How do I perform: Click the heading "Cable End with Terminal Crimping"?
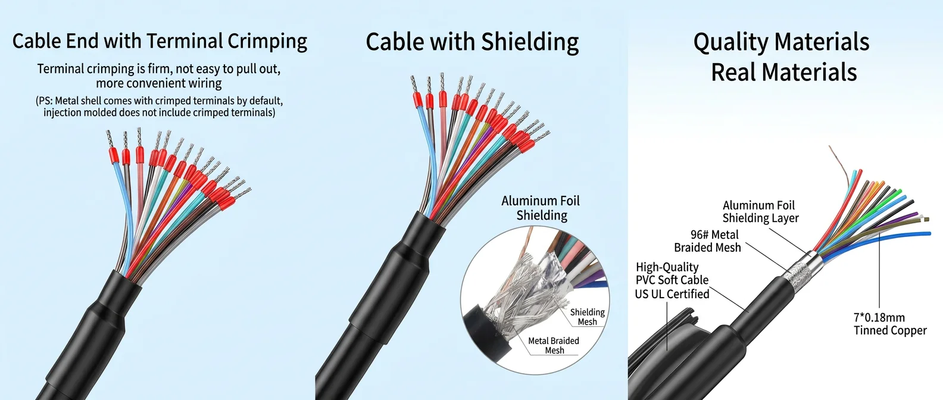(160, 41)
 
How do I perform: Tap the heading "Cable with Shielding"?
(472, 42)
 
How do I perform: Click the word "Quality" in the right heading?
(731, 42)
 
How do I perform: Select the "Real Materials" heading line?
(784, 71)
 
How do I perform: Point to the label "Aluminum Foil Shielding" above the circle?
(541, 208)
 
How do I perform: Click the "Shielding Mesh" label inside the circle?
(587, 317)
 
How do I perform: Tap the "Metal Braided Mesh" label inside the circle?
(554, 345)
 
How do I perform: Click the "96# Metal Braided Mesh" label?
(707, 241)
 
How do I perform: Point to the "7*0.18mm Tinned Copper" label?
(890, 324)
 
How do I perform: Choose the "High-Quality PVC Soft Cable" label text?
(672, 273)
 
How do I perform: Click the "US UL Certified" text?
(672, 294)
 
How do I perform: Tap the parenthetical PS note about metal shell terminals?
(159, 107)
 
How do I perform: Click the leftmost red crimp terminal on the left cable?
(113, 155)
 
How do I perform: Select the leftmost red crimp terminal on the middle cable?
(417, 100)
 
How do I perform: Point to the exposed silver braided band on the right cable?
(797, 271)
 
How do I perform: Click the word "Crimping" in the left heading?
(267, 42)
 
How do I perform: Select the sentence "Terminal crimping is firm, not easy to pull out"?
(159, 68)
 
